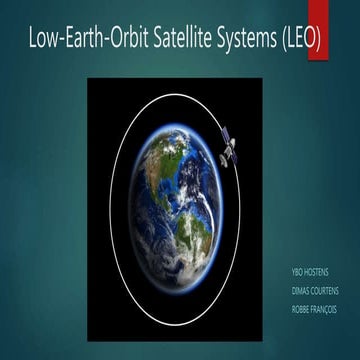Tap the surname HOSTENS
(x=319, y=271)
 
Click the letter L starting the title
(x=34, y=40)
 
